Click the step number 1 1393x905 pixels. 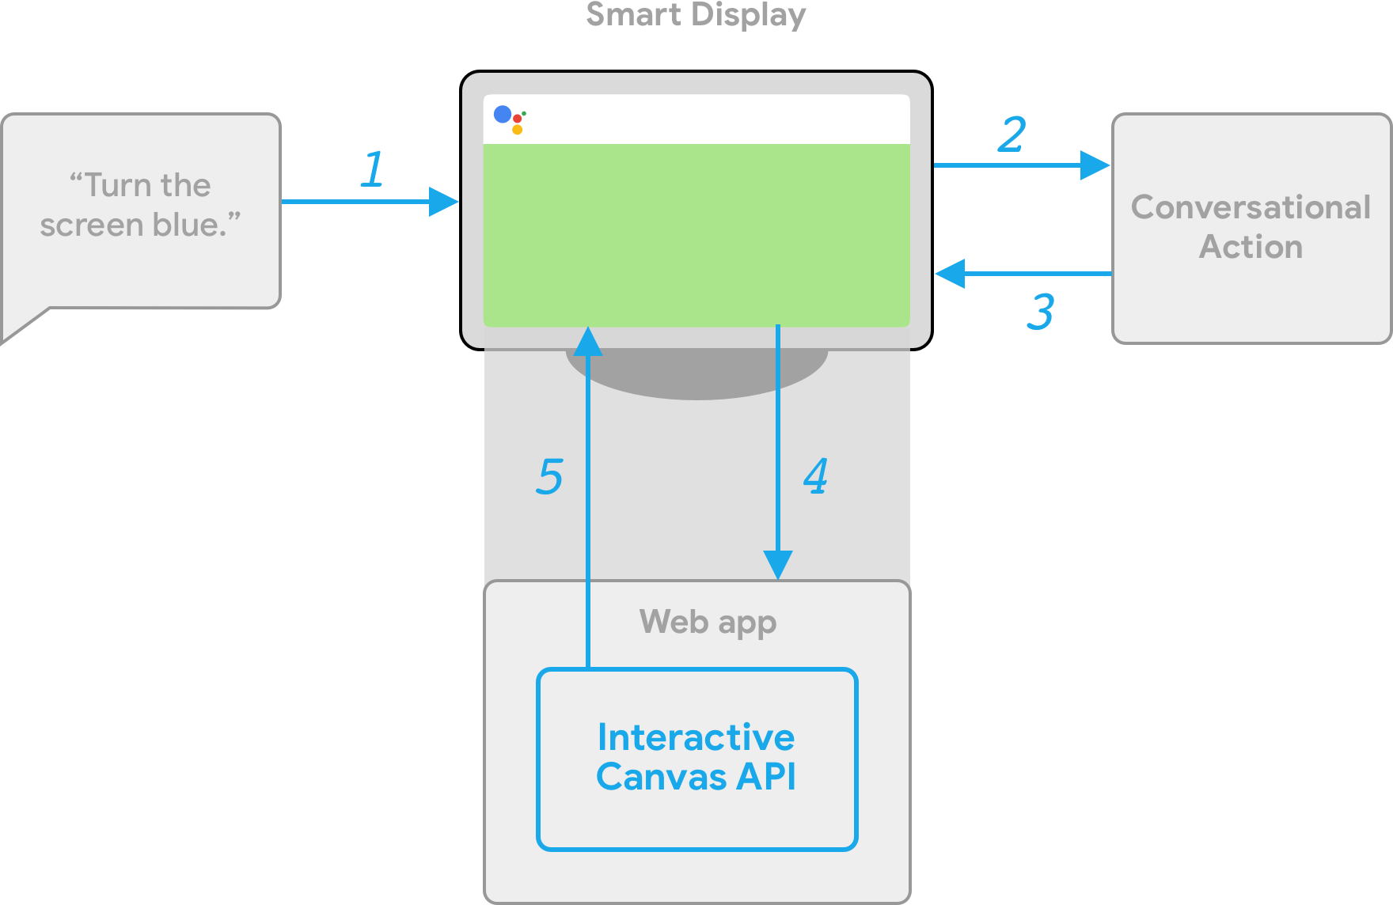(373, 169)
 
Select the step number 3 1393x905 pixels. (1040, 312)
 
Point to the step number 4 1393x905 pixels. (816, 476)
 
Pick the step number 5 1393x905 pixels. (550, 476)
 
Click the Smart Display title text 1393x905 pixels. (696, 14)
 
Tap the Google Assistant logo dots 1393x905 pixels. (509, 119)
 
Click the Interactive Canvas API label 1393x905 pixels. (696, 757)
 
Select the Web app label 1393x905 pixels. (708, 623)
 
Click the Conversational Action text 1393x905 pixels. (1251, 227)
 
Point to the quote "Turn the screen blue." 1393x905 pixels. (140, 205)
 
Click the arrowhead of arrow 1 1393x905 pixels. (444, 202)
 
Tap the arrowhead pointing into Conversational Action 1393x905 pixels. (1095, 165)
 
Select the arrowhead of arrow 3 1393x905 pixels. (950, 274)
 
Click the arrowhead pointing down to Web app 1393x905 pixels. (778, 565)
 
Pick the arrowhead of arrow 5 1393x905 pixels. (588, 341)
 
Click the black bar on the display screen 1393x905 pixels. (712, 119)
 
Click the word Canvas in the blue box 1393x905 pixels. (661, 777)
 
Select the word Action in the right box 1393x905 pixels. (1251, 247)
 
